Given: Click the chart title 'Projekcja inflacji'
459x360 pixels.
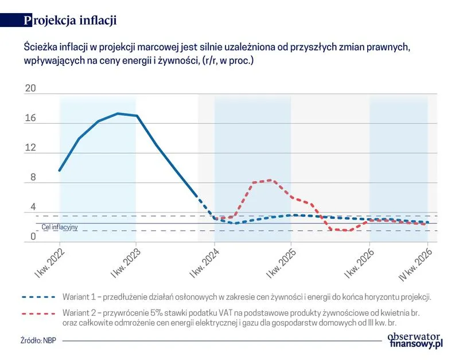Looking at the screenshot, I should tap(71, 20).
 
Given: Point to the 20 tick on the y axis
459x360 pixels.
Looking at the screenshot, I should tap(30, 89).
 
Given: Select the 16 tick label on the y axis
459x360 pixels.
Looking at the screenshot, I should tap(30, 119).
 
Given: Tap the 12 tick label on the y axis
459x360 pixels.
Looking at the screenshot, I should tap(30, 148).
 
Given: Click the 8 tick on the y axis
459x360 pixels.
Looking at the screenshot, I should tap(33, 178).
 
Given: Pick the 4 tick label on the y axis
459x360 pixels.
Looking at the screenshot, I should tap(33, 207).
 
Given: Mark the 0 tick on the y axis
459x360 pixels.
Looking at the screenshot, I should tap(33, 237).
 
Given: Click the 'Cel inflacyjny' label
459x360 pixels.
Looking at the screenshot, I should tap(60, 228).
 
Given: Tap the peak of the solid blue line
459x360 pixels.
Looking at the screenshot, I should tap(118, 114).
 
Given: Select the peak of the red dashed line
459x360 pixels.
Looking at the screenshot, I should tap(270, 180).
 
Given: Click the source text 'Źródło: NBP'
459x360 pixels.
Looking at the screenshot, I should tap(38, 341).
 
